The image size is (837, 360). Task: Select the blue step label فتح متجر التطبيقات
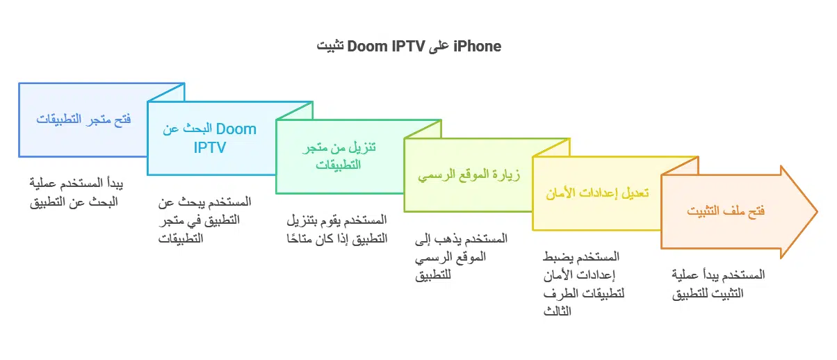tap(83, 118)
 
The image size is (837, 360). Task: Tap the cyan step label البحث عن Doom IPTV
tap(209, 138)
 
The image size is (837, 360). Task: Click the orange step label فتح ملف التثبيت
tap(726, 211)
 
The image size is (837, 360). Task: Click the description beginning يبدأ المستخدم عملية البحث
tap(73, 194)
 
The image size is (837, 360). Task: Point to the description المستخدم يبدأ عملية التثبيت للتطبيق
tap(719, 284)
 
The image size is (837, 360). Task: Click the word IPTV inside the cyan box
tap(209, 147)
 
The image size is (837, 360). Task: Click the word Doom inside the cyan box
tap(236, 129)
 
